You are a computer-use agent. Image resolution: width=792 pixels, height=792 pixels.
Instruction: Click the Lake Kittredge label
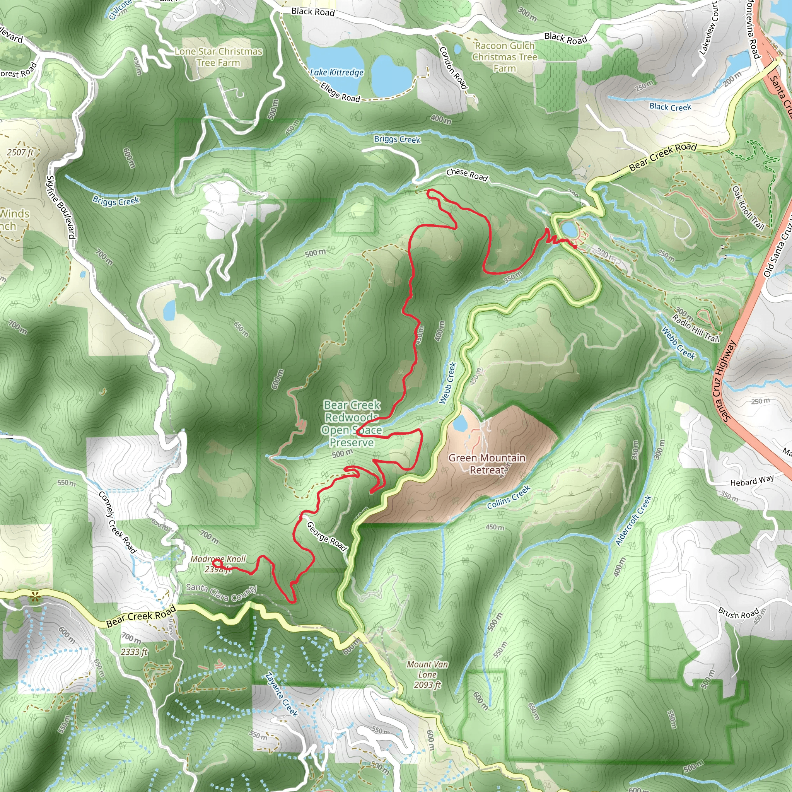336,73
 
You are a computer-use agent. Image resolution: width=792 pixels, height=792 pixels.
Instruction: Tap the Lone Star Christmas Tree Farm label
218,57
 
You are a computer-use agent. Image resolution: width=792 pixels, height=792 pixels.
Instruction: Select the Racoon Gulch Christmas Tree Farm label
504,57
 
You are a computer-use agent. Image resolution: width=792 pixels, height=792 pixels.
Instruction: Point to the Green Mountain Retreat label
486,464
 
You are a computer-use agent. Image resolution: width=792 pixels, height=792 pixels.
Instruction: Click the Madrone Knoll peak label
218,563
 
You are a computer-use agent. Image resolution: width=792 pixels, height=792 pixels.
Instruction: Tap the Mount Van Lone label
427,674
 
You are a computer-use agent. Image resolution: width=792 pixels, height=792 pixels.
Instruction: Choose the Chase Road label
467,175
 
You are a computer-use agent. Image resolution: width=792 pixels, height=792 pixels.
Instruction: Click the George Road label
327,536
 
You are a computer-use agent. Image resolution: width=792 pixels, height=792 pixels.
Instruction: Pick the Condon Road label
453,68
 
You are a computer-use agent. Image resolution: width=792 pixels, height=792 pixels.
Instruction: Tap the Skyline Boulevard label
61,207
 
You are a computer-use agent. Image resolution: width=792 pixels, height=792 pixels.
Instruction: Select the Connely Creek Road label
117,522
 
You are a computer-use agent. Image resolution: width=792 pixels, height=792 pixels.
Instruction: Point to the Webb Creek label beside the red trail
448,383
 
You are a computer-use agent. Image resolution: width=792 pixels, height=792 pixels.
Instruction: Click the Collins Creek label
509,497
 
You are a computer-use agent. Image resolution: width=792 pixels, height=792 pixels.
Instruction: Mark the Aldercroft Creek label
633,520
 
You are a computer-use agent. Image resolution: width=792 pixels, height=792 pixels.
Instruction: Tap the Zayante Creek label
281,695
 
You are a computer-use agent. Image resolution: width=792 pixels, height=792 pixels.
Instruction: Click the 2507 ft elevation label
20,152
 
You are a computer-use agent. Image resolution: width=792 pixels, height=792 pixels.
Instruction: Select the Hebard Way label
752,480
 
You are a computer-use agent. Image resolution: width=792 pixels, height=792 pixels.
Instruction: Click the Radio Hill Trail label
696,328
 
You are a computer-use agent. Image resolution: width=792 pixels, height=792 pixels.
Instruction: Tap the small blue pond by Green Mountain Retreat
459,423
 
